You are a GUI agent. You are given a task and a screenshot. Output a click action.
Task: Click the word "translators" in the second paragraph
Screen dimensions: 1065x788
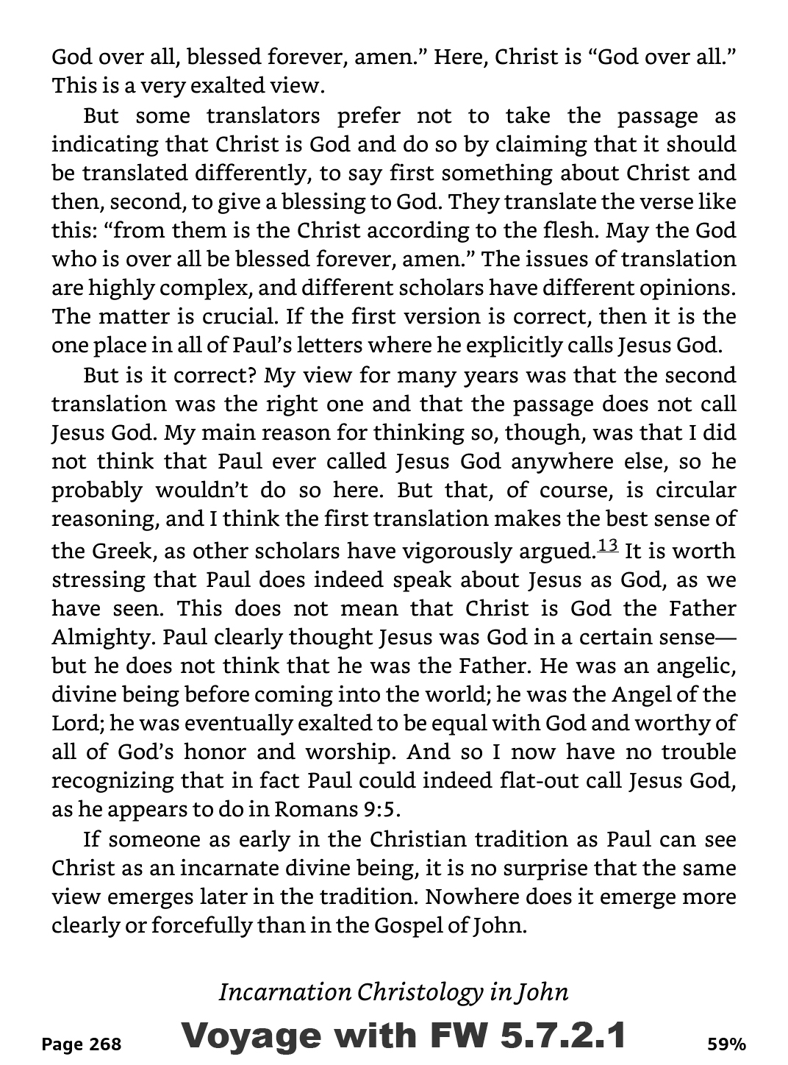[262, 116]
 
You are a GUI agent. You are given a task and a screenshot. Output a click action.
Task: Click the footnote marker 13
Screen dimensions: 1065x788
[608, 546]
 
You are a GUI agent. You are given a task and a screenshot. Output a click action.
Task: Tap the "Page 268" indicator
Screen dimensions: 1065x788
[82, 1043]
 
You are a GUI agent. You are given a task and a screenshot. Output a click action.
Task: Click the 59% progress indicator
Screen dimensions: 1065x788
[726, 1043]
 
